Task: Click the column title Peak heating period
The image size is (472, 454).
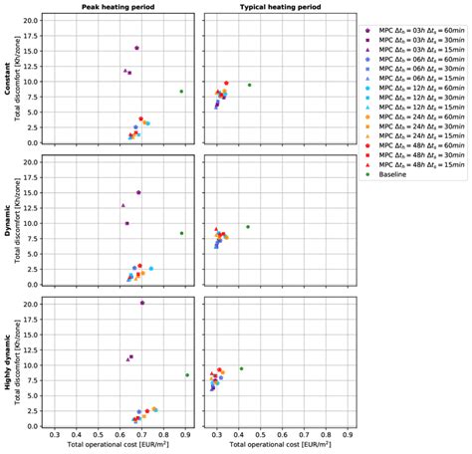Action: coord(119,7)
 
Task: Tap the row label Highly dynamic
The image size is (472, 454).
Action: coord(7,364)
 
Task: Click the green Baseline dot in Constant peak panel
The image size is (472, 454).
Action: coord(181,92)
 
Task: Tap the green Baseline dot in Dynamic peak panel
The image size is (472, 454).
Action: coord(181,234)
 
